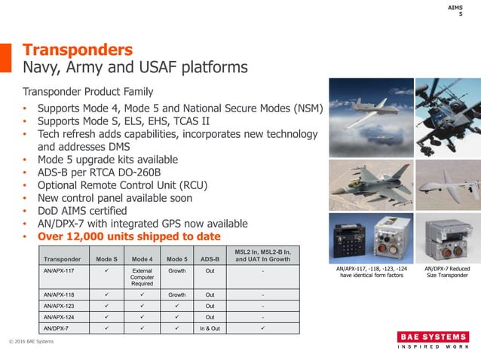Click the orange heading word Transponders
pos(78,50)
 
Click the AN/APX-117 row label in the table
pos(59,270)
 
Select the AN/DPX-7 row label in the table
pos(54,328)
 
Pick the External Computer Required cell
pos(142,276)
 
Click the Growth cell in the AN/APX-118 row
pos(176,296)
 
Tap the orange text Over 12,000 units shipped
pos(129,236)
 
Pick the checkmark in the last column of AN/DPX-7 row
pos(262,328)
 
